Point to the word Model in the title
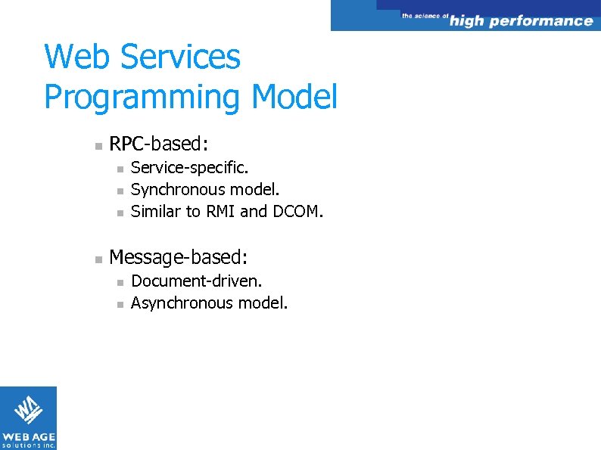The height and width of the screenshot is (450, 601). coord(294,98)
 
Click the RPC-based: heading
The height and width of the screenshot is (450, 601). coord(159,143)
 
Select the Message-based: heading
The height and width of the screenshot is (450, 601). coord(178,258)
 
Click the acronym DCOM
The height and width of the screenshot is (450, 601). coord(297,211)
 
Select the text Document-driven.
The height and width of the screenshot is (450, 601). coord(197,281)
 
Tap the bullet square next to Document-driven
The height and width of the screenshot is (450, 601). coord(118,282)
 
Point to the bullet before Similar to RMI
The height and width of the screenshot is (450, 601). coord(118,213)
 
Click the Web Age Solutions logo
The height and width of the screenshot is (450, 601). coord(28,417)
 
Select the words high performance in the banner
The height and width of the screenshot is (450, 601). coord(521,21)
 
